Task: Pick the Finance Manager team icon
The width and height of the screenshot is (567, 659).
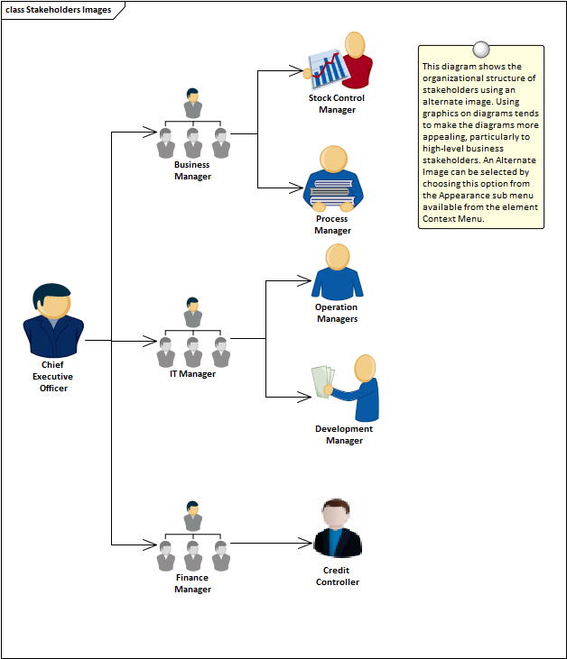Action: [x=192, y=536]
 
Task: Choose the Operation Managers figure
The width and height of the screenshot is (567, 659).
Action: [x=337, y=271]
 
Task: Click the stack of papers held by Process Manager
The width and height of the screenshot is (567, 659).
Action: [x=334, y=192]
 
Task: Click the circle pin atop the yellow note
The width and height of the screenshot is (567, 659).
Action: [x=481, y=50]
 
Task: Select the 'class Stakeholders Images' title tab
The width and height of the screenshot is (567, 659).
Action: [x=60, y=10]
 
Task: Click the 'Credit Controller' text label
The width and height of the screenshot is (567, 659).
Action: [x=338, y=576]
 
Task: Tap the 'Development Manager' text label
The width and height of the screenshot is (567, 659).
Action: [x=344, y=435]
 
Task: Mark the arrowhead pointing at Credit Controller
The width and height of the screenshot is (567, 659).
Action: [x=305, y=544]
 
